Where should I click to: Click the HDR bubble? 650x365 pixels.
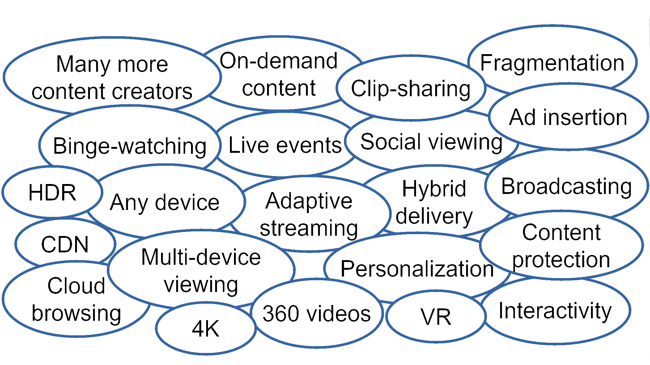[52, 192]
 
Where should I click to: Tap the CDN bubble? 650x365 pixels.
[65, 244]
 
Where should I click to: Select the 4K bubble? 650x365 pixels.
[206, 328]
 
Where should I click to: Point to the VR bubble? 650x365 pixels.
[435, 317]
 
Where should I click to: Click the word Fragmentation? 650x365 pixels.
[552, 63]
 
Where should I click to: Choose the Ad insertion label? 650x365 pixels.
[568, 118]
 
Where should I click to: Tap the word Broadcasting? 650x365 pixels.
[566, 187]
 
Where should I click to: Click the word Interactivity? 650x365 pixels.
[555, 311]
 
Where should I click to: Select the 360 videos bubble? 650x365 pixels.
[317, 313]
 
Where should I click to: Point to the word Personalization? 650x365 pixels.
[417, 268]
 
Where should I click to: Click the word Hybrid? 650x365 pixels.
[434, 189]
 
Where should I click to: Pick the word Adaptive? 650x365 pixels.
[308, 201]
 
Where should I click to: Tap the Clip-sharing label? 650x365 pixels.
[410, 89]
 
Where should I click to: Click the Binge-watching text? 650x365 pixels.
[130, 146]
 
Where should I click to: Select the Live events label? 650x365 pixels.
[285, 145]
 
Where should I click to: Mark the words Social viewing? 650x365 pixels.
[431, 142]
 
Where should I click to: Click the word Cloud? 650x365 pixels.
[76, 286]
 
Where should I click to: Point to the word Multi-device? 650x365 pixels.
[201, 257]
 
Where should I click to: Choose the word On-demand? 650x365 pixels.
[278, 61]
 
